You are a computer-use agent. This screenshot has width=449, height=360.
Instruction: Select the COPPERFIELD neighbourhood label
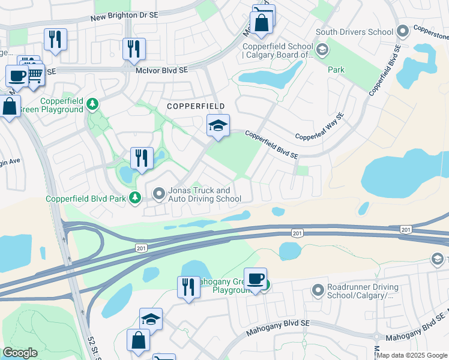tap(196, 106)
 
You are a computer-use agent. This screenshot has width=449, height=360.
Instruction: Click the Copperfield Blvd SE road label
tap(271, 146)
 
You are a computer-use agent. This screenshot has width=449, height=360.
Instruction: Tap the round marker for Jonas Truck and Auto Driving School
tap(159, 193)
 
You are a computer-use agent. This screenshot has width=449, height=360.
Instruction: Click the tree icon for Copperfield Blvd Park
tap(136, 197)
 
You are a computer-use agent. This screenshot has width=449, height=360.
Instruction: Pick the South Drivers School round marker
tap(402, 30)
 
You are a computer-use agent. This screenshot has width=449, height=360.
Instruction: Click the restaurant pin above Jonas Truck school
tap(142, 158)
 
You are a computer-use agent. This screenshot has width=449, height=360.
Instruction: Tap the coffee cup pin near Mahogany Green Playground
tap(255, 278)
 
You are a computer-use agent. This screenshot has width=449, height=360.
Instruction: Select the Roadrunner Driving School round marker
tap(318, 291)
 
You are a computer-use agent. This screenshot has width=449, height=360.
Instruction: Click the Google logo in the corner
tap(20, 353)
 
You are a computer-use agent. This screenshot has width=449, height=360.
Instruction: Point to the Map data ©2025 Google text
tap(412, 355)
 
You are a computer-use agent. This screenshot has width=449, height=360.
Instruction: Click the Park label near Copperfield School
tap(336, 70)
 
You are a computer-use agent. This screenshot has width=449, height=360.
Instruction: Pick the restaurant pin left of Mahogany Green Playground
tap(188, 287)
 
